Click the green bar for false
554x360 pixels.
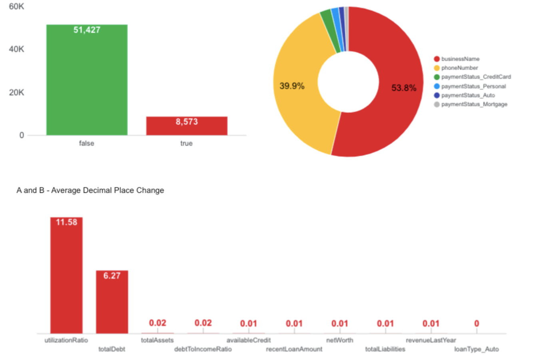click(87, 80)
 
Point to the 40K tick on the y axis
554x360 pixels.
click(16, 49)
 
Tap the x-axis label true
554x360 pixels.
click(186, 143)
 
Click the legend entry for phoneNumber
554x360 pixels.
click(459, 68)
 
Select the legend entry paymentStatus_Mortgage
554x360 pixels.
click(474, 104)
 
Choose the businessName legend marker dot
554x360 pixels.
click(436, 59)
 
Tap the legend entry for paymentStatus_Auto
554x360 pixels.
click(468, 95)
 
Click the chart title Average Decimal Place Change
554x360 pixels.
click(90, 190)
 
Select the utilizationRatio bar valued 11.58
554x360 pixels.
click(66, 276)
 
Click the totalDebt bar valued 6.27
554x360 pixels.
click(112, 302)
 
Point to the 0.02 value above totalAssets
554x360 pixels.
click(157, 323)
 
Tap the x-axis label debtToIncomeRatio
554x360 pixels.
click(203, 349)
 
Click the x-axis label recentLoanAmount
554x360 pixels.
click(294, 349)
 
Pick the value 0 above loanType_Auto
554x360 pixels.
click(476, 324)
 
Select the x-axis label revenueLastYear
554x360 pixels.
click(431, 340)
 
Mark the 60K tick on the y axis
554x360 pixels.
click(16, 6)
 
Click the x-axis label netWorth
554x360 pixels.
click(340, 340)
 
